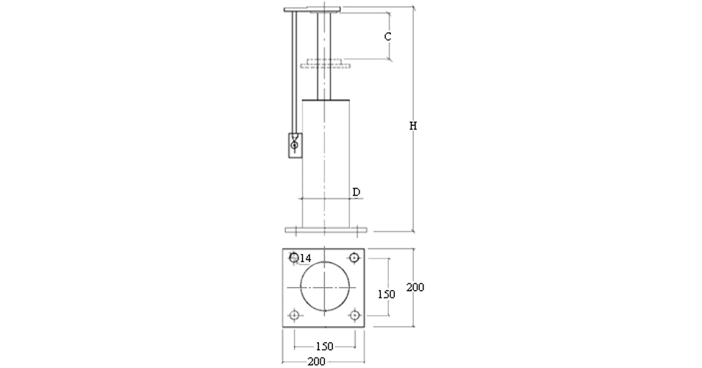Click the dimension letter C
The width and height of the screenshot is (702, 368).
tap(388, 35)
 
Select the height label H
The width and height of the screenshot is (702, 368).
tap(413, 126)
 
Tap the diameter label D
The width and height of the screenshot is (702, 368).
tap(356, 192)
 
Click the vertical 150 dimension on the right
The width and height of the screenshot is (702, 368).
tap(386, 294)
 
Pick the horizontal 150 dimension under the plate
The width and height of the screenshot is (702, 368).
tap(324, 346)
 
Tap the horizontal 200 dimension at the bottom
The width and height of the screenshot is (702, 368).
tap(316, 362)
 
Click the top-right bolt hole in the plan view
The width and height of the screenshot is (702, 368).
tap(354, 258)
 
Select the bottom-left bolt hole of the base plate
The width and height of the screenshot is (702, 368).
tap(294, 315)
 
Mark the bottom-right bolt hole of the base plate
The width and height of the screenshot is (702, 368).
tap(354, 315)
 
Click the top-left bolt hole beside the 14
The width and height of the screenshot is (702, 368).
tap(294, 257)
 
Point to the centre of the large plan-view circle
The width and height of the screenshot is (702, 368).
tap(324, 286)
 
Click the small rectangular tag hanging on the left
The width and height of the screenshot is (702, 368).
tap(295, 145)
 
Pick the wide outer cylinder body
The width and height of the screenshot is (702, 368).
tap(324, 162)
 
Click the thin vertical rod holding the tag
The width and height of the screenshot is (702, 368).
tap(295, 74)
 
